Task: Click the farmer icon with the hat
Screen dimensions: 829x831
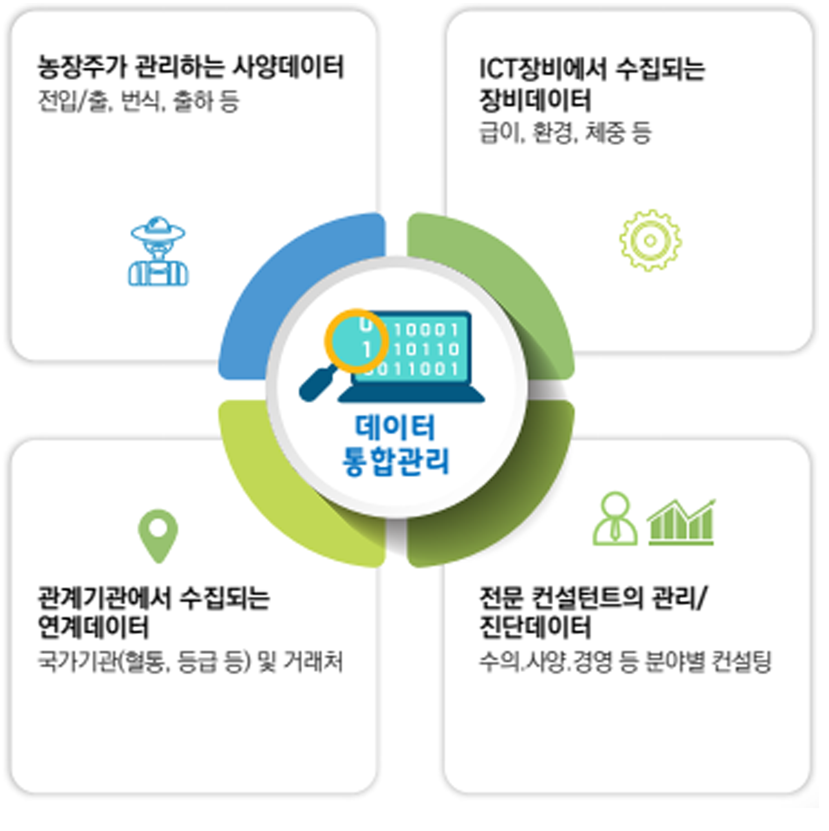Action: click(158, 251)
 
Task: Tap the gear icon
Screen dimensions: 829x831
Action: click(650, 241)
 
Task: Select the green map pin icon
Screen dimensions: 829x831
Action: click(158, 536)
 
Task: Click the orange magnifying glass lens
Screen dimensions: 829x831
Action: click(356, 341)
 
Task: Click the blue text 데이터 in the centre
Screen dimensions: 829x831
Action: click(395, 427)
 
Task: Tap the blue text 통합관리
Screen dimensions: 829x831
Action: click(395, 461)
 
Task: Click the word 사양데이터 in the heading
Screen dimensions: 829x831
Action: click(288, 67)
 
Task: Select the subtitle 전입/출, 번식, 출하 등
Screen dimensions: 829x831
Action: click(138, 101)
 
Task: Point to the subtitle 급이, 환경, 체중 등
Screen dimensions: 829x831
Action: click(565, 133)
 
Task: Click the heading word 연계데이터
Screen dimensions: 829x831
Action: click(94, 627)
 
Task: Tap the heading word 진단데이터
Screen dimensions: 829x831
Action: click(535, 627)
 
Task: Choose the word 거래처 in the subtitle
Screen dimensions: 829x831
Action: click(314, 662)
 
